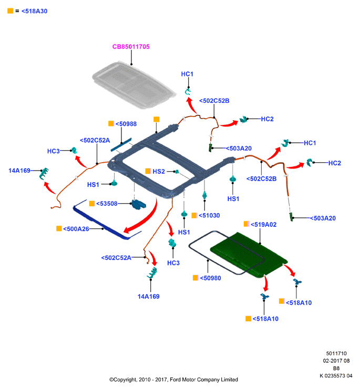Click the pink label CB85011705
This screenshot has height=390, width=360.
131,47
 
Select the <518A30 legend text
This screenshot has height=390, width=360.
34,11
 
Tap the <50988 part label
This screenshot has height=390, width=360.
126,124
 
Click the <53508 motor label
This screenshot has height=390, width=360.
107,204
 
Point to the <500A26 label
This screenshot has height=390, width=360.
76,229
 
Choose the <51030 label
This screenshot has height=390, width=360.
209,215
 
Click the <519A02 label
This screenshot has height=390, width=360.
263,225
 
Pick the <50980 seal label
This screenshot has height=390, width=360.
210,278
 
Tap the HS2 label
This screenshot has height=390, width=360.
159,171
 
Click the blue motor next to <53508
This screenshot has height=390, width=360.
139,205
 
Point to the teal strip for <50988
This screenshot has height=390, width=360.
121,145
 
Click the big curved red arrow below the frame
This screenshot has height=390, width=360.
147,220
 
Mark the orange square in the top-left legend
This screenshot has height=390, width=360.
10,11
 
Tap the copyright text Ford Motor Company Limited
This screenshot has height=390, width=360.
204,380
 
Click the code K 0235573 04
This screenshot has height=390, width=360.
336,376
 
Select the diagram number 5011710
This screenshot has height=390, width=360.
336,353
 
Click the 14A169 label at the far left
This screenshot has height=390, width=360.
19,171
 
